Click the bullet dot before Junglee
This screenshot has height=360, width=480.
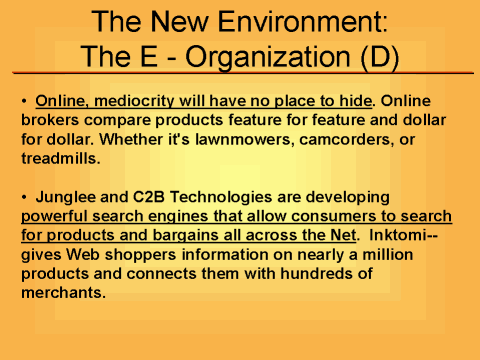click(x=24, y=197)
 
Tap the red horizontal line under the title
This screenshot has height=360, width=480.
click(x=240, y=73)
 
